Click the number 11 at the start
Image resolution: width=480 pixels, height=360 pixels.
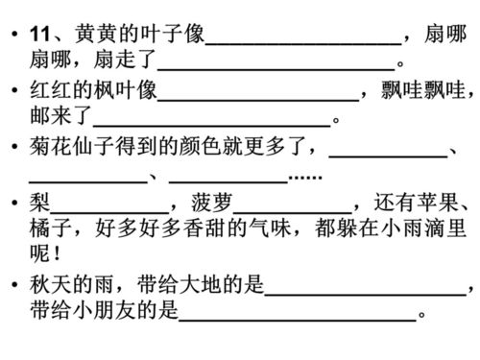(40, 36)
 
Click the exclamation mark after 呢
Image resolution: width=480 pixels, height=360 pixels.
(62, 257)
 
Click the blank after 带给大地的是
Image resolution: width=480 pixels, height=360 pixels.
(365, 289)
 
